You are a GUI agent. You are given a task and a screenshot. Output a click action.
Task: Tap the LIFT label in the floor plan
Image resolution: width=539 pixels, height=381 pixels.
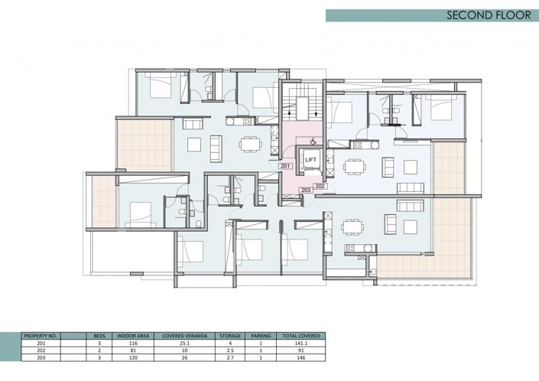[311, 159]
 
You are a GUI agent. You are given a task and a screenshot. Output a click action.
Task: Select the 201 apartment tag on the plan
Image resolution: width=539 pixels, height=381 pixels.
[285, 166]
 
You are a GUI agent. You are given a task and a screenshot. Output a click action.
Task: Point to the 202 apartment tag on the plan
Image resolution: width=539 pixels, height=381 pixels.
[320, 185]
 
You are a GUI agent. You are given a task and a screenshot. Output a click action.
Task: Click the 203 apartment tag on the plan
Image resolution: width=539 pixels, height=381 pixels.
[305, 190]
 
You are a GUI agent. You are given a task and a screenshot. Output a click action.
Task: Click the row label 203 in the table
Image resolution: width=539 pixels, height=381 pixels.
[31, 358]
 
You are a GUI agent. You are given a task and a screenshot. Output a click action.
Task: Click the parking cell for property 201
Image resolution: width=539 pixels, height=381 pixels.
[261, 344]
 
